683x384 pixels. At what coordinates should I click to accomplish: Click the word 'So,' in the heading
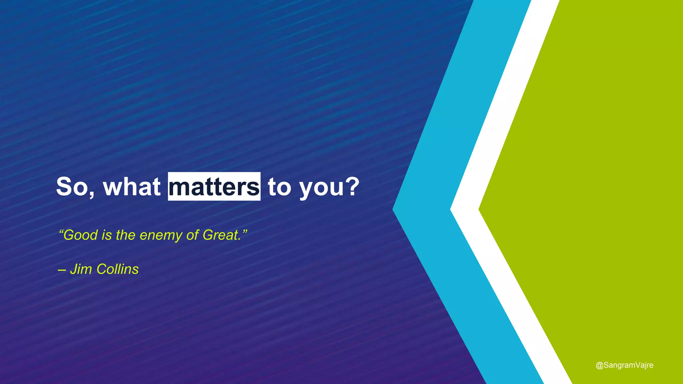point(75,187)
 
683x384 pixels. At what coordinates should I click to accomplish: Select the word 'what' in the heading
point(132,187)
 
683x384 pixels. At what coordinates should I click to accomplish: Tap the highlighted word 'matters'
point(214,187)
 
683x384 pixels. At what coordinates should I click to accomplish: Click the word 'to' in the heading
point(279,187)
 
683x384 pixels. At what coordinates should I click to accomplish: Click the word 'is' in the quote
point(107,235)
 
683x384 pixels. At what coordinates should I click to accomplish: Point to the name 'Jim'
point(81,269)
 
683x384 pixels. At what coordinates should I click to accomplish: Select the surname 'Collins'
point(117,269)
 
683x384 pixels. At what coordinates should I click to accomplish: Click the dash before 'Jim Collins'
point(61,270)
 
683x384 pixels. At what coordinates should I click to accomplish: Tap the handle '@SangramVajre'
point(624,365)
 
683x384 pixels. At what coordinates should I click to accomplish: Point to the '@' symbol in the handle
point(599,365)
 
